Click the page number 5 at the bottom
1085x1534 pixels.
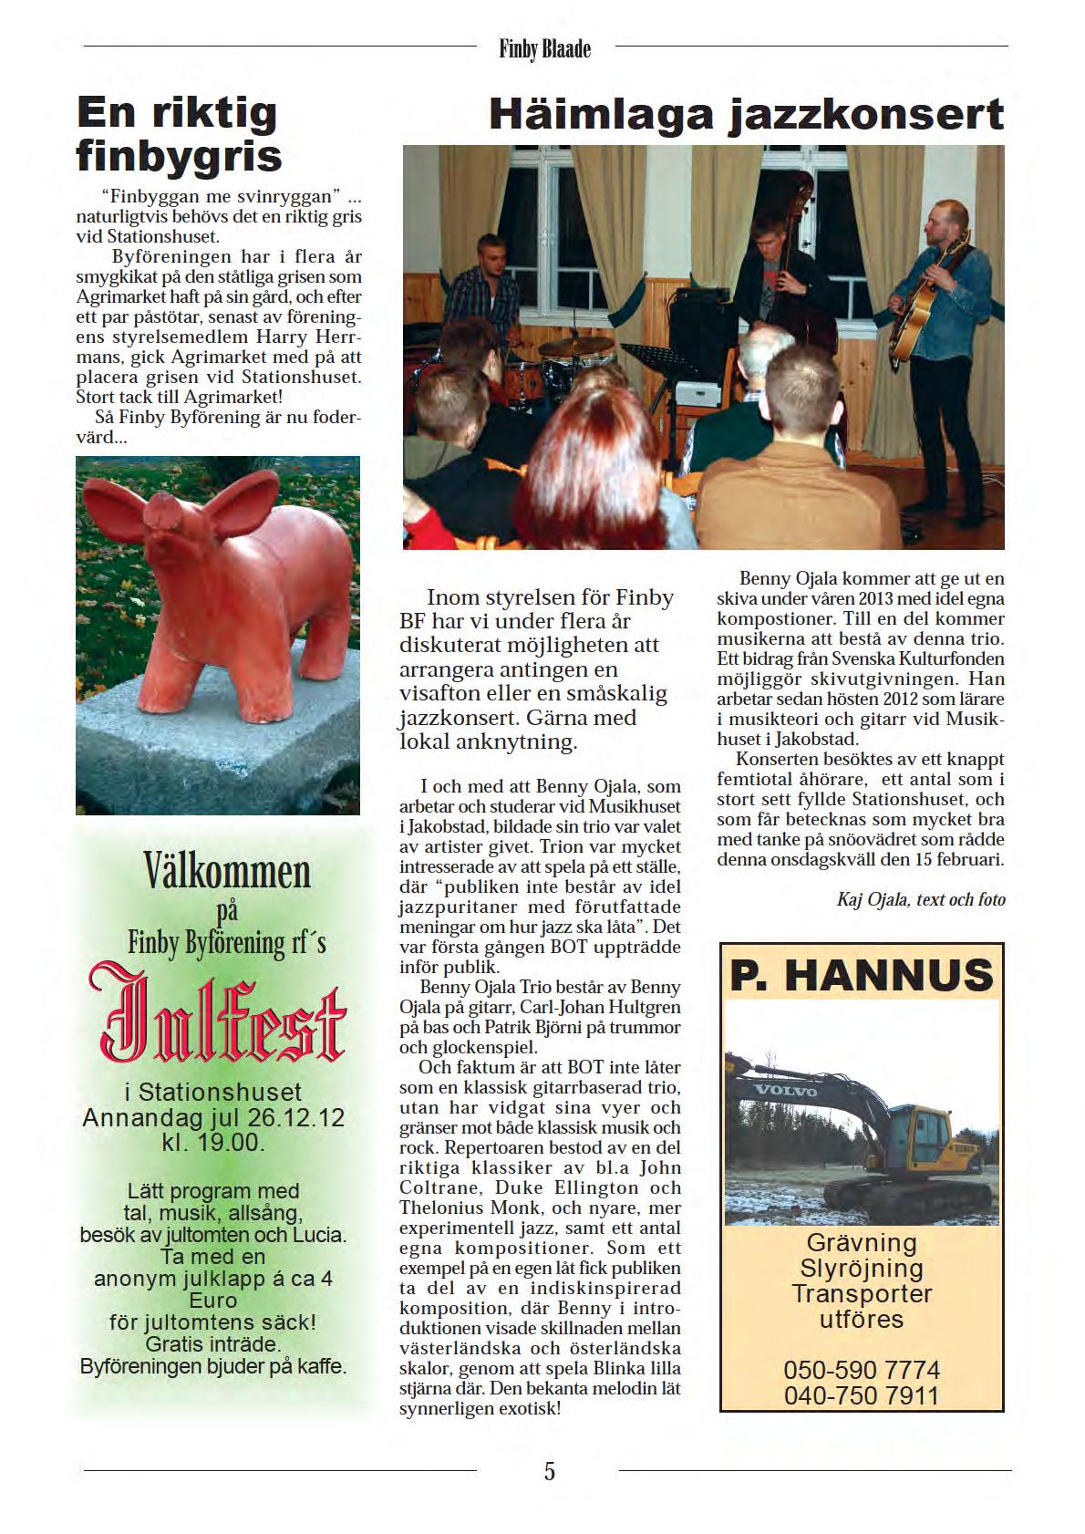tap(549, 1470)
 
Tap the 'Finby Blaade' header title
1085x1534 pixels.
tap(545, 48)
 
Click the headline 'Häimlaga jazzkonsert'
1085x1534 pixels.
tap(746, 116)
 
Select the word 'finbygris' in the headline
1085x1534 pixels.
tap(179, 157)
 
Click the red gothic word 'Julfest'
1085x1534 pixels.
tap(218, 1020)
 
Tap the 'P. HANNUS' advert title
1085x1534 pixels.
tap(861, 975)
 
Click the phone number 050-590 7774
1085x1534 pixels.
tap(861, 1369)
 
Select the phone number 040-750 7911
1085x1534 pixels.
tap(861, 1395)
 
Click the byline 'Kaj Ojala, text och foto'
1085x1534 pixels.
tap(920, 899)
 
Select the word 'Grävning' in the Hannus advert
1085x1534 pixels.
tap(861, 1242)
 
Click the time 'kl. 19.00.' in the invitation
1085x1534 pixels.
tap(213, 1142)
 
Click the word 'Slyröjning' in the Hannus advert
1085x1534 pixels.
tap(861, 1268)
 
